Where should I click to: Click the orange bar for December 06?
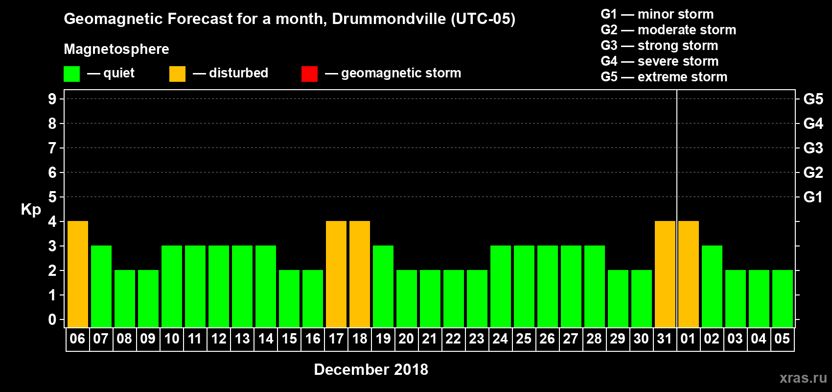78,274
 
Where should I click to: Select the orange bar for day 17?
336,274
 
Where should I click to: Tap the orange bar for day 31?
665,274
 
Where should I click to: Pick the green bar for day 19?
383,286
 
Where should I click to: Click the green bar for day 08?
125,298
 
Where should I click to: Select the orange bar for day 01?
689,274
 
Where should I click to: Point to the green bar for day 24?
501,286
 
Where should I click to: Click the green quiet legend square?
71,74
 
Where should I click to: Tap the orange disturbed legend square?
177,74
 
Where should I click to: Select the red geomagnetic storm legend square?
309,74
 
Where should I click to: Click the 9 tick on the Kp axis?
52,99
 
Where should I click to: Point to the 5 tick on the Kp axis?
52,197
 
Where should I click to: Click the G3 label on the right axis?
813,148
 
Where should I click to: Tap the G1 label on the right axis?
813,197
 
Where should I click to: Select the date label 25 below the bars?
524,339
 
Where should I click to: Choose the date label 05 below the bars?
782,339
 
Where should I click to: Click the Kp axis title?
31,210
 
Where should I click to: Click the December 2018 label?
371,369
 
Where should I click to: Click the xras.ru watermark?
803,378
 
